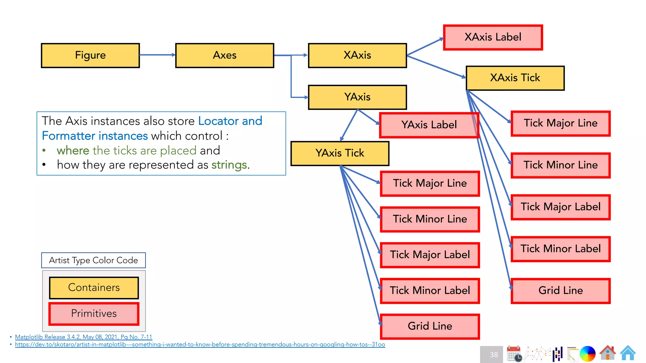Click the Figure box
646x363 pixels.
[x=90, y=55]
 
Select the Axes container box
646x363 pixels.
[x=225, y=55]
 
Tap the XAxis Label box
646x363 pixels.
[x=493, y=37]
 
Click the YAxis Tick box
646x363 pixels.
[x=340, y=153]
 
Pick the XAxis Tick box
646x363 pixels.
[x=515, y=78]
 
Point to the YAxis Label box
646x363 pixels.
[x=429, y=125]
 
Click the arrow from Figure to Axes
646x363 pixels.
[x=157, y=55]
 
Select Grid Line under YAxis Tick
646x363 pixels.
[x=430, y=326]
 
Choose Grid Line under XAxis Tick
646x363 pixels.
[x=561, y=291]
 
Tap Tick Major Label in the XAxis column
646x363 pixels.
[x=561, y=207]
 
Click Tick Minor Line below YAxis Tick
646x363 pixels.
[x=430, y=219]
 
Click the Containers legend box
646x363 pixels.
[x=94, y=287]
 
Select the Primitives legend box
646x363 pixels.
[x=94, y=314]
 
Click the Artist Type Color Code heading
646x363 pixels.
[x=93, y=260]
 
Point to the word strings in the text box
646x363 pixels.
[x=229, y=165]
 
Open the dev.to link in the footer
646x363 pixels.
[x=200, y=344]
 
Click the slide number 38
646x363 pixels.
[x=494, y=354]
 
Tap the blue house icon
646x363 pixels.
[x=628, y=353]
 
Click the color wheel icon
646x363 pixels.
[x=587, y=354]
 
